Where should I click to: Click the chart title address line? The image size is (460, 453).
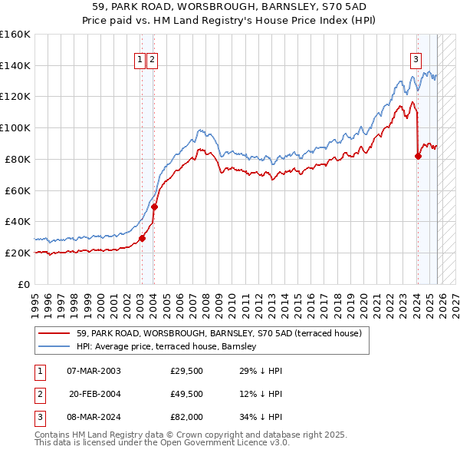[x=230, y=6]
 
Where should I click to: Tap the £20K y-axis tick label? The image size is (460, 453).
[x=18, y=253]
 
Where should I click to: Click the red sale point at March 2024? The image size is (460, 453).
[x=418, y=157]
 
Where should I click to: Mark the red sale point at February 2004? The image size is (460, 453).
[x=154, y=207]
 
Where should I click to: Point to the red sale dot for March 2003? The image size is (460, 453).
[x=142, y=238]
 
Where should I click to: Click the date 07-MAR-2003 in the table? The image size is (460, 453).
[x=94, y=371]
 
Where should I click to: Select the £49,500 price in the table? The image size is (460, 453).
[x=186, y=394]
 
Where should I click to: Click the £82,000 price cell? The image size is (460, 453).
[x=186, y=417]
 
